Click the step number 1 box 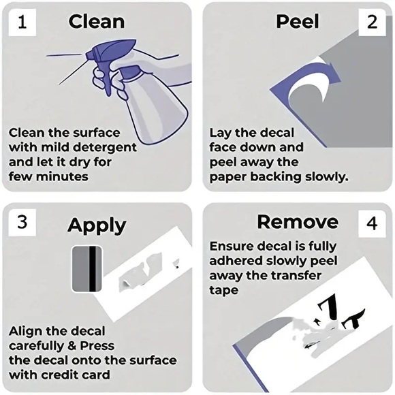click(x=22, y=22)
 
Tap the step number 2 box click(x=372, y=22)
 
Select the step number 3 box click(x=22, y=223)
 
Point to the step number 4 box click(x=372, y=223)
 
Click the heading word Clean click(x=97, y=22)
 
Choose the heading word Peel click(x=298, y=22)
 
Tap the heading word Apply click(x=97, y=225)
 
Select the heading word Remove click(x=298, y=222)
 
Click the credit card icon click(x=87, y=269)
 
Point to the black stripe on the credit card click(x=93, y=269)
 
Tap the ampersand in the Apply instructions click(x=72, y=346)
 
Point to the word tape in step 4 click(x=223, y=290)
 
